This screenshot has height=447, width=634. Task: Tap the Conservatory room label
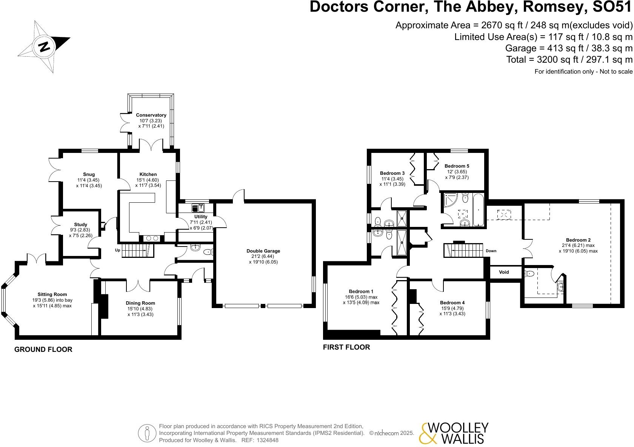coord(151,115)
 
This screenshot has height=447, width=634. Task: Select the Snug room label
coord(89,174)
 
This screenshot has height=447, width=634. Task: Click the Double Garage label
coord(263,251)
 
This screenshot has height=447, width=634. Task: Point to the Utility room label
coord(201,217)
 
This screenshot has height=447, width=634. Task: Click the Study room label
coord(81,225)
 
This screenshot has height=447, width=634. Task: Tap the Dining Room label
coord(140,303)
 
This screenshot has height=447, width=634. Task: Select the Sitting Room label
coord(52,294)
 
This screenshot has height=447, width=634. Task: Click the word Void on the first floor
coord(504,272)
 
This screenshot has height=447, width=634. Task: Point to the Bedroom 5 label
coord(457,166)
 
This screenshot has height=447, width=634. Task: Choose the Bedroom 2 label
coord(578,240)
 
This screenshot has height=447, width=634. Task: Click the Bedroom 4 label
coord(452,303)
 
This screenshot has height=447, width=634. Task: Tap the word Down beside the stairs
coord(491,251)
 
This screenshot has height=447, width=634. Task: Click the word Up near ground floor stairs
coord(117,250)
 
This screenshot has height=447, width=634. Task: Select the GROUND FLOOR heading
coord(43,350)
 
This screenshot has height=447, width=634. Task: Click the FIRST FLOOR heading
coord(346,347)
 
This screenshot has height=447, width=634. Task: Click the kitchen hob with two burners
coord(151,238)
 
